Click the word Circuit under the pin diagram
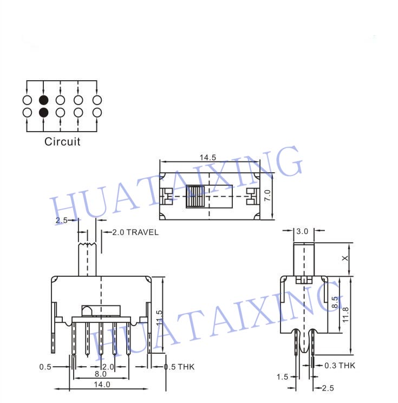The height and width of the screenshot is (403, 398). coord(62,141)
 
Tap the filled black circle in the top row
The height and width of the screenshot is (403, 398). coord(44,100)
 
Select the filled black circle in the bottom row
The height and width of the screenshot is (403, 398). coord(44,113)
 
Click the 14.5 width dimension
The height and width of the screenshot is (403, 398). coord(208,158)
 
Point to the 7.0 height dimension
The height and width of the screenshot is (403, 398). coord(267,196)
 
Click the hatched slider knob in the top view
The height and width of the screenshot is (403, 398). coord(195,197)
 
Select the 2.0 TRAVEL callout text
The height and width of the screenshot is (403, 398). coord(135,232)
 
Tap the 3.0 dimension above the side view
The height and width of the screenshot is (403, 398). coord(302,231)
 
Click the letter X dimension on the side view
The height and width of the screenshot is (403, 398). coord(345,258)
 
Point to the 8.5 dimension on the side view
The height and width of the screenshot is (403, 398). coord(335,302)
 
